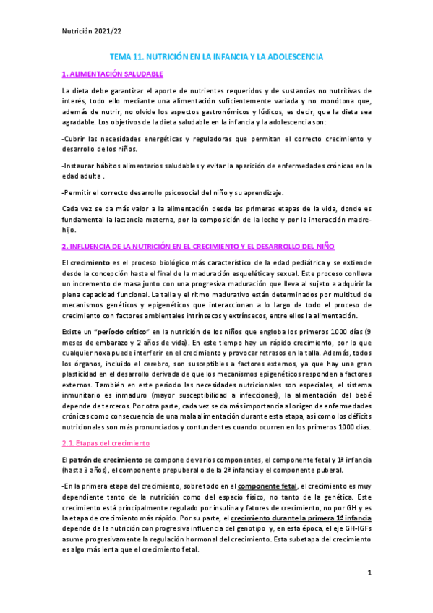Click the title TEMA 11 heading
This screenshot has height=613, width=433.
[x=216, y=56]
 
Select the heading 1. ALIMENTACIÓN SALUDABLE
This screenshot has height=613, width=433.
[x=113, y=74]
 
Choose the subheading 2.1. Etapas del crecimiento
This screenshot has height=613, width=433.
[x=105, y=442]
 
